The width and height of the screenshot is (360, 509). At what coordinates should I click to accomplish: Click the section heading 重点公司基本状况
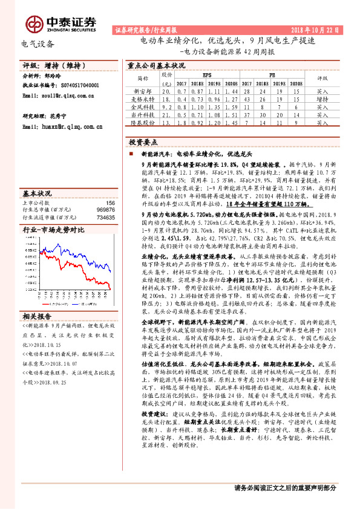pyautogui.click(x=156, y=65)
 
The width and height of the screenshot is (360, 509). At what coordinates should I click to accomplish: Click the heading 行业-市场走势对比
pyautogui.click(x=53, y=230)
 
